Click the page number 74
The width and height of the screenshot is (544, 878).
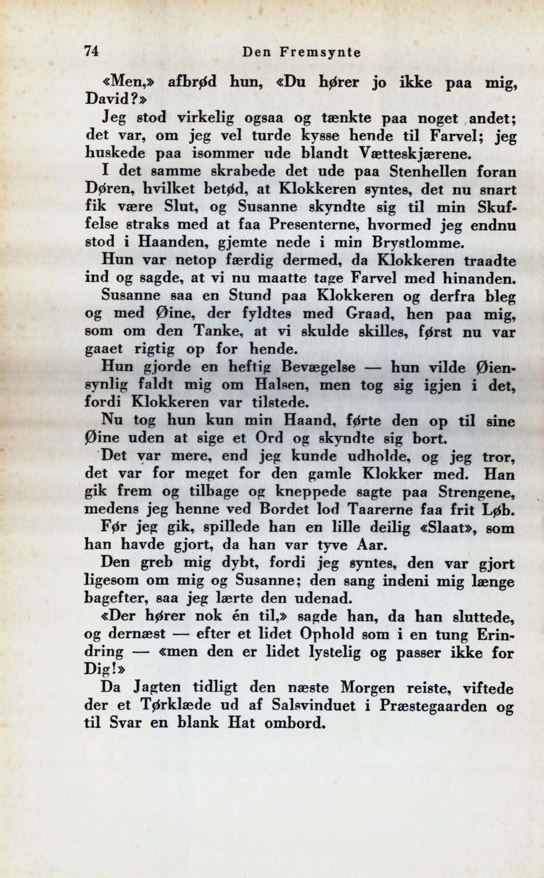tap(91, 52)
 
